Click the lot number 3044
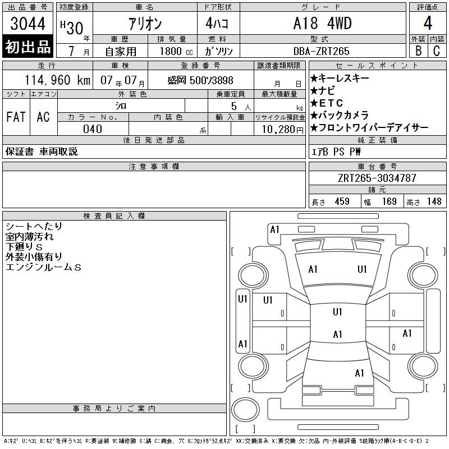tap(28, 24)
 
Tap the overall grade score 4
tap(428, 23)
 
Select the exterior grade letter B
tap(418, 51)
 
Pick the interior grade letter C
tap(437, 51)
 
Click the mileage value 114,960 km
tap(58, 80)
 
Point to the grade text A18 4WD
tap(322, 23)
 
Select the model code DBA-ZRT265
tap(321, 51)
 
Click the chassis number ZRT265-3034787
tap(377, 178)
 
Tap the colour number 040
tap(93, 129)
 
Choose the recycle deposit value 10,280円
tap(283, 130)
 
